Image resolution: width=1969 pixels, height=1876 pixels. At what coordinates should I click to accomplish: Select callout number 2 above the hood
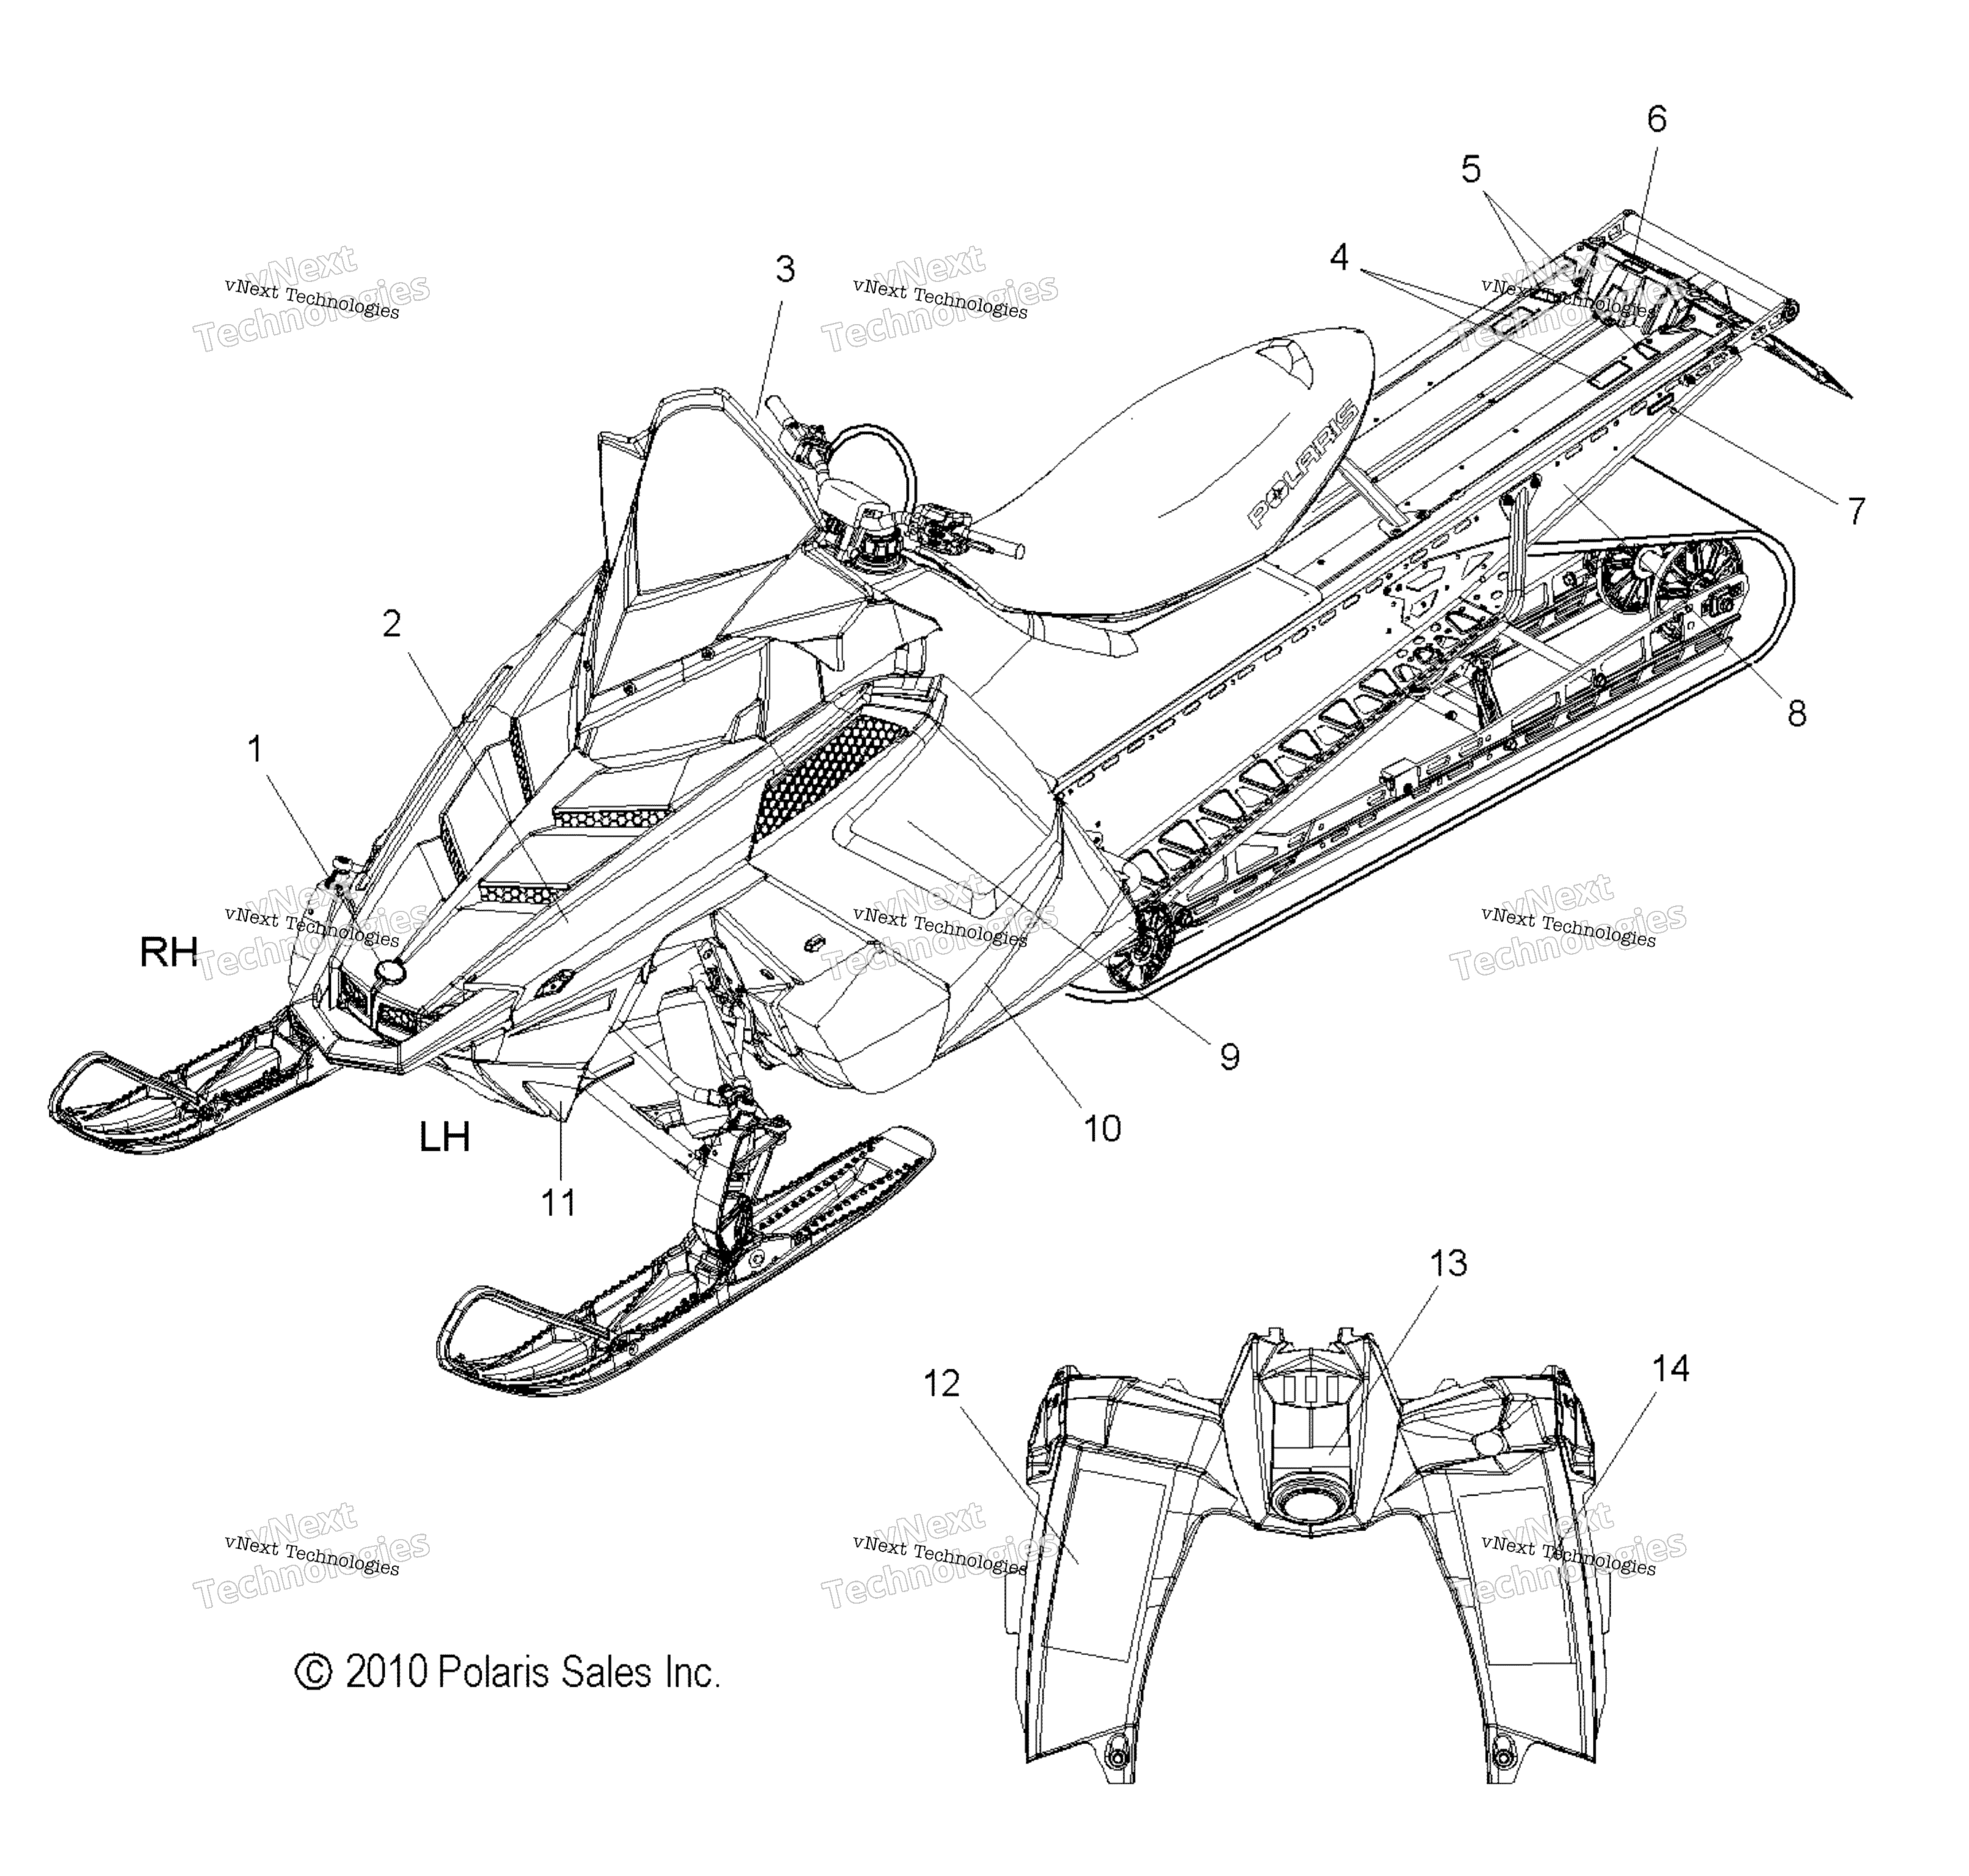[x=392, y=623]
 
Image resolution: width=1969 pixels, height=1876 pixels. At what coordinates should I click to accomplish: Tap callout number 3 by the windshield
[x=785, y=269]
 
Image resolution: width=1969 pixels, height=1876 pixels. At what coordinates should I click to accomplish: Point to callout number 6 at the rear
[x=1657, y=119]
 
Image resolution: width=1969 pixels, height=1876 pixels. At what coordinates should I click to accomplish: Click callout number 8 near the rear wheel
[x=1797, y=713]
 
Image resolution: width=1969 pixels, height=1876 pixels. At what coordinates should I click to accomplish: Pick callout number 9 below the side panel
[x=1230, y=1056]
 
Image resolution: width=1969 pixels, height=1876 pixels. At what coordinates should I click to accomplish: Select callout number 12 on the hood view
[x=941, y=1384]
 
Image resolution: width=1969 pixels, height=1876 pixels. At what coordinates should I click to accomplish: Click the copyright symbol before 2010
[x=313, y=1673]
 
